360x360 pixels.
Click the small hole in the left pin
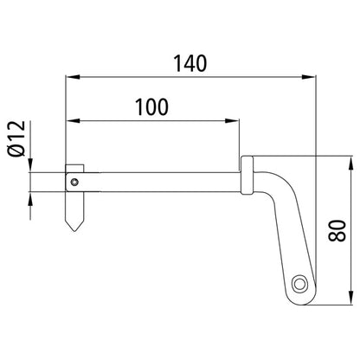pos(75,182)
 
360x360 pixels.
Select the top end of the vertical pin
pos(75,164)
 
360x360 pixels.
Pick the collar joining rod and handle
pos(247,182)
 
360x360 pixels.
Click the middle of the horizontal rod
pos(160,182)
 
